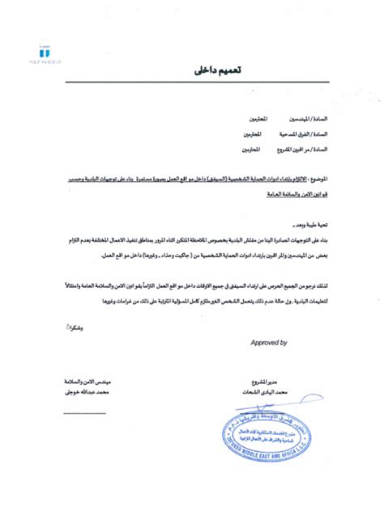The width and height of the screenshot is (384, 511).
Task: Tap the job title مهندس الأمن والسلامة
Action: point(82,380)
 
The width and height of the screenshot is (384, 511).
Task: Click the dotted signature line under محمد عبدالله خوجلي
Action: point(85,413)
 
